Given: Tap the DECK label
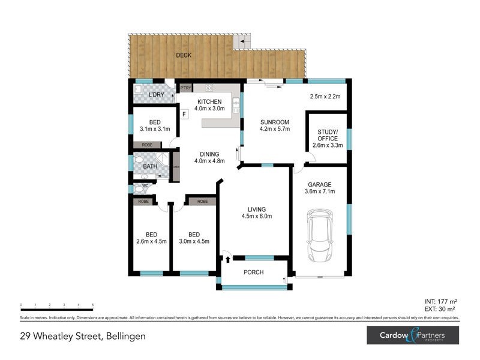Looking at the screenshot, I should (184, 56).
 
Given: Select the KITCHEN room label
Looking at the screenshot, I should (209, 101).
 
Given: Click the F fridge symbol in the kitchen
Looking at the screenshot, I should (185, 113).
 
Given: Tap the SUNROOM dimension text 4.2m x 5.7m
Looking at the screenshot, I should (275, 128).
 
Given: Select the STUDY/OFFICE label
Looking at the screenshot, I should (327, 135).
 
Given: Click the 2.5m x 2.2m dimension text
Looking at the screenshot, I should (325, 97).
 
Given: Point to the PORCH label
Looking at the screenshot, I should (253, 272).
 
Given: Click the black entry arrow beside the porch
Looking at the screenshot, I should (228, 259).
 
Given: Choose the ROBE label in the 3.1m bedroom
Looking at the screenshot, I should (147, 145).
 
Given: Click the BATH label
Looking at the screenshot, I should (149, 167).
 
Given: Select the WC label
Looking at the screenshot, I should (145, 185).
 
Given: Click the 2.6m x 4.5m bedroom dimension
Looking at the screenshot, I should (151, 242).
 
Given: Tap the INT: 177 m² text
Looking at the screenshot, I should (441, 302).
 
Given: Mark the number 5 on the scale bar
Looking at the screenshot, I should (92, 305).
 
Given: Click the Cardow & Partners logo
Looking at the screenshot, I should (413, 335).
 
